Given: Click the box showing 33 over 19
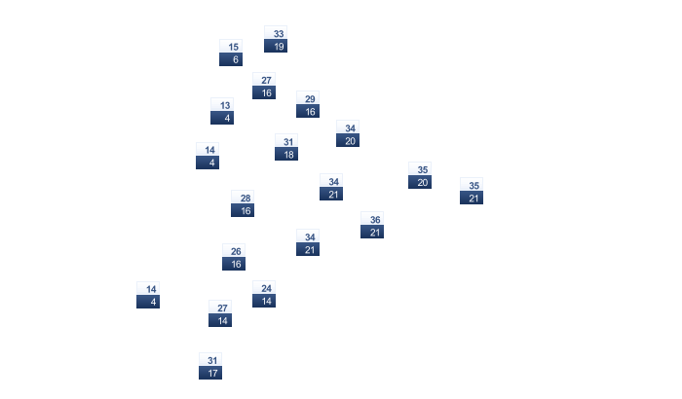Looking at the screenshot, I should click(x=276, y=39).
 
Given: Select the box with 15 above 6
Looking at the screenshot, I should click(x=231, y=53).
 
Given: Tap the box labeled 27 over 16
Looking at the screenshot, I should click(x=264, y=86).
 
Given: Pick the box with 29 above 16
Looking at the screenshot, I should click(x=308, y=104).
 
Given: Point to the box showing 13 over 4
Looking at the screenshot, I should click(x=222, y=111).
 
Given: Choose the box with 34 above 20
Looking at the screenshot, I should click(x=348, y=133).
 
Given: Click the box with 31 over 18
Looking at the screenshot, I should click(x=286, y=147).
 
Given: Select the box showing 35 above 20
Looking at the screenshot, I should click(x=420, y=175).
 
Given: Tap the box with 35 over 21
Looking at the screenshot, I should click(x=472, y=191).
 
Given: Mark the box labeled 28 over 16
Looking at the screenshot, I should click(x=243, y=203).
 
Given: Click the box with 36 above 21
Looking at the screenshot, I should click(x=372, y=225).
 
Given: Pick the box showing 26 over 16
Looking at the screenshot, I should click(x=234, y=257).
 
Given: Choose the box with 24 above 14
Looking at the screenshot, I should click(x=264, y=294).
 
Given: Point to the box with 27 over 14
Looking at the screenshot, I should click(x=220, y=313).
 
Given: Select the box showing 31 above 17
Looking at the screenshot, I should click(x=210, y=366).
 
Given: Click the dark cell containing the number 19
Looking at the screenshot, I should click(x=276, y=46).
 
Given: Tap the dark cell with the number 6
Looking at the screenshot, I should click(x=231, y=59).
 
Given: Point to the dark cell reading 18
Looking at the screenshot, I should click(x=286, y=154).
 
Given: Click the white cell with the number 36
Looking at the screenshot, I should click(x=372, y=219).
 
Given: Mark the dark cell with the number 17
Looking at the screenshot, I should click(x=210, y=373).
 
